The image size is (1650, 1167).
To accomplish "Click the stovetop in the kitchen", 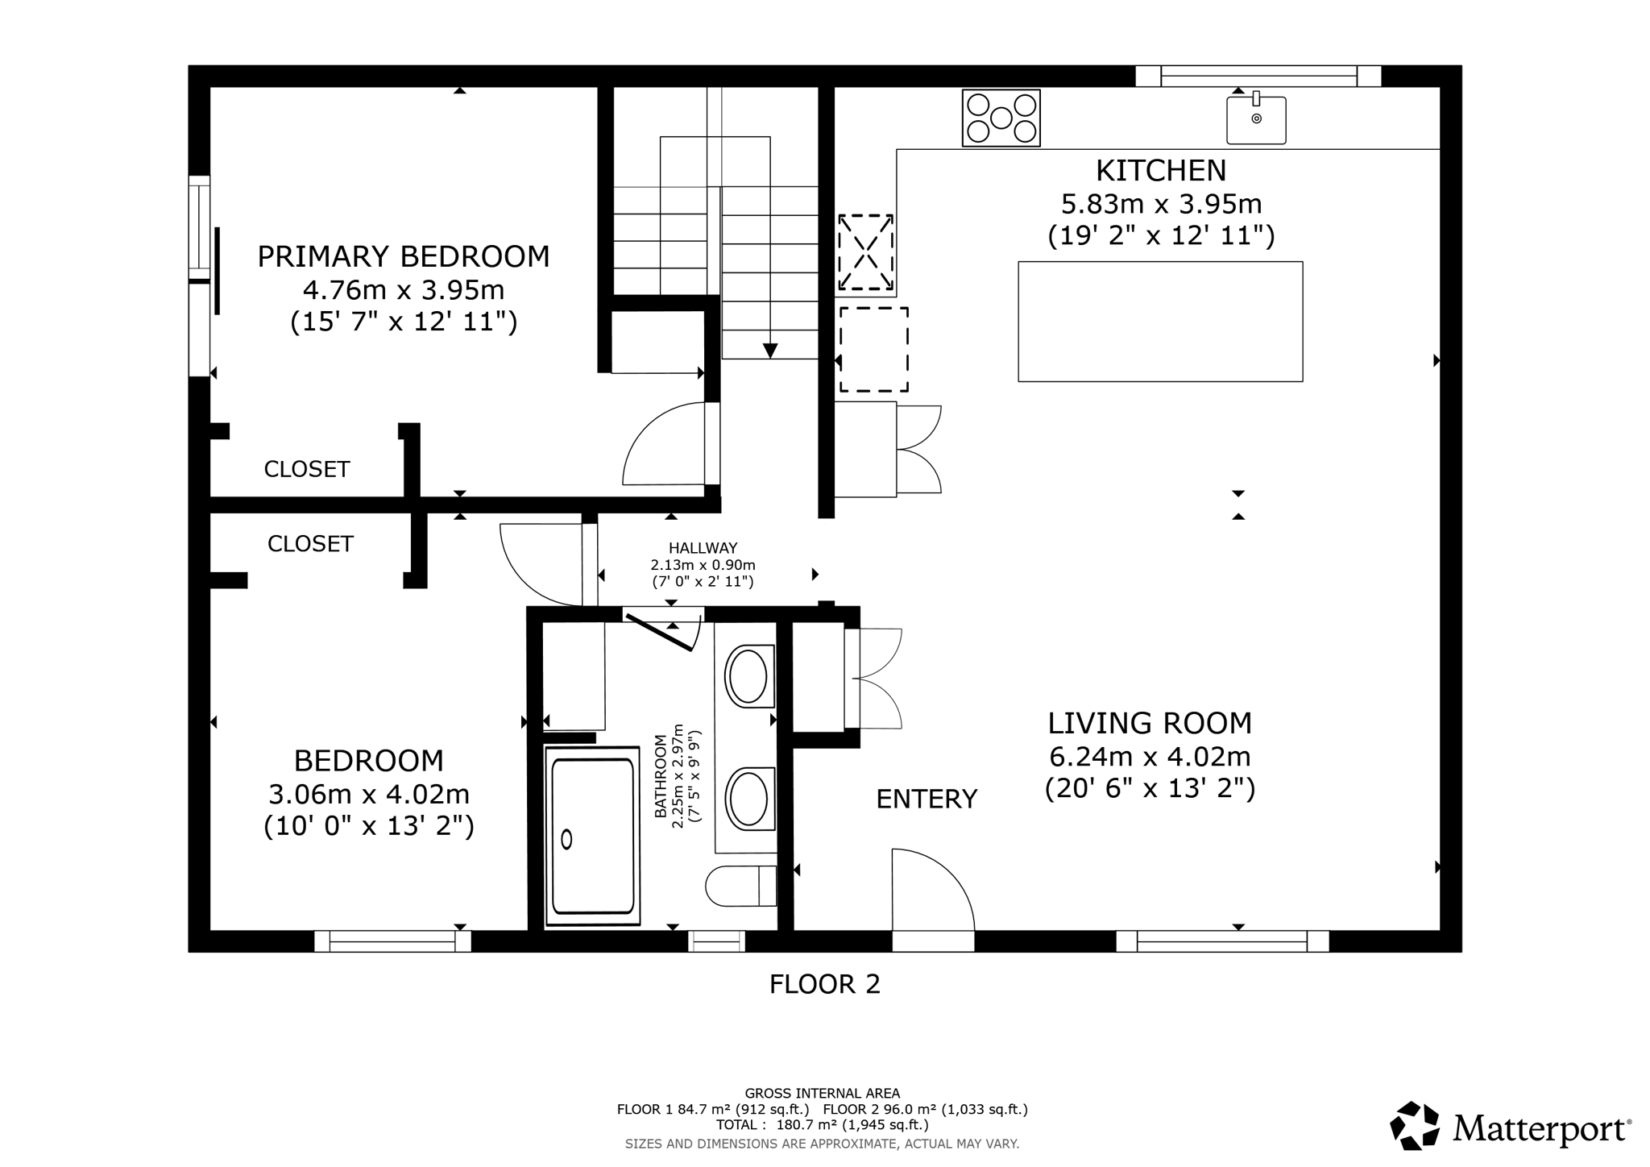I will pos(1001,118).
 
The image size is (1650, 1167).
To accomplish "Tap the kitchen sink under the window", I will pos(1255,120).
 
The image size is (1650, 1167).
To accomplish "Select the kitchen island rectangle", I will pos(1159,321).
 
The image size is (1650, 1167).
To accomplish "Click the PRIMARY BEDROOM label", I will pos(403,256).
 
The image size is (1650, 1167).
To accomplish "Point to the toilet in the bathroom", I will pos(740,886).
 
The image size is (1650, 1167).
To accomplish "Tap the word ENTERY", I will pos(927,799).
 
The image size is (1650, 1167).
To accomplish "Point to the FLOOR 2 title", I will pos(824,984).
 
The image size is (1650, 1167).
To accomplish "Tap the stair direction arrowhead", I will pos(770,351).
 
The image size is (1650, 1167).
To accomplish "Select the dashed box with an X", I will pos(865,251).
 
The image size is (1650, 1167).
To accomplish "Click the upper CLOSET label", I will pos(307,469).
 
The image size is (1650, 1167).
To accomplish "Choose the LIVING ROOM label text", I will pos(1150,723).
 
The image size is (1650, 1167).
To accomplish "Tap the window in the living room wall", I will pos(1221,941).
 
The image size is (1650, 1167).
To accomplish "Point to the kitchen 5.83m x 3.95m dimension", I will pos(1160,203).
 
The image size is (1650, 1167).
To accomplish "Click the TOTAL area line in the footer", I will pos(822,1124).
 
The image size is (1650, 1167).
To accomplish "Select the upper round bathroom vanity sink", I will pos(748,675).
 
